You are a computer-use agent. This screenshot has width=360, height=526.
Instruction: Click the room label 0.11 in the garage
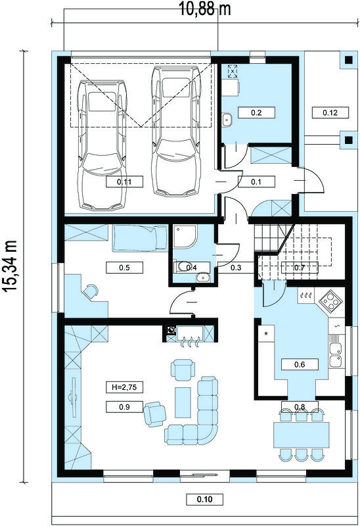point(124,182)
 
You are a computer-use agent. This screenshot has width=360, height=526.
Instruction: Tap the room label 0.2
point(256,112)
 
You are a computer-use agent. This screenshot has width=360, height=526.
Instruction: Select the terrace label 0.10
point(205,499)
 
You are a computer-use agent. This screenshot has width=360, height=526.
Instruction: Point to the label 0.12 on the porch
point(330,112)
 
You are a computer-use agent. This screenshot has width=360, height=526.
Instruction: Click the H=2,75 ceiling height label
point(124,387)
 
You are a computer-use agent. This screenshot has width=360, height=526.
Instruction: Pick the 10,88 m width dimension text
point(206,9)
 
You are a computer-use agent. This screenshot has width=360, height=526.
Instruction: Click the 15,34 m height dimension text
point(11,267)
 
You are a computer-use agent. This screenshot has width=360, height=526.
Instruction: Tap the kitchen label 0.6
point(300,364)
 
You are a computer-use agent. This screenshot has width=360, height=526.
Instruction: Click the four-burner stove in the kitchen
point(330,301)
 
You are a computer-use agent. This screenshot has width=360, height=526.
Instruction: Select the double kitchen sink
point(335,355)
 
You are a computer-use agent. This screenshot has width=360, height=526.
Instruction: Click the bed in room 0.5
point(140,238)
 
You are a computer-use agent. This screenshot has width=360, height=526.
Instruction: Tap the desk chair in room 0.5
point(91,291)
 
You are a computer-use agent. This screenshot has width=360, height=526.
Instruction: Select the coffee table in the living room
point(183,402)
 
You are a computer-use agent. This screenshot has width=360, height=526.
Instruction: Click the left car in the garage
point(102,145)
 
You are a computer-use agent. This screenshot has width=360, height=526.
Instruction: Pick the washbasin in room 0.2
point(227,120)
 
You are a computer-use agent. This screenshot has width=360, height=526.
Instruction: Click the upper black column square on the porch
point(349,60)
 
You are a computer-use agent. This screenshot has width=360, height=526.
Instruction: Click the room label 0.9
point(124,407)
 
